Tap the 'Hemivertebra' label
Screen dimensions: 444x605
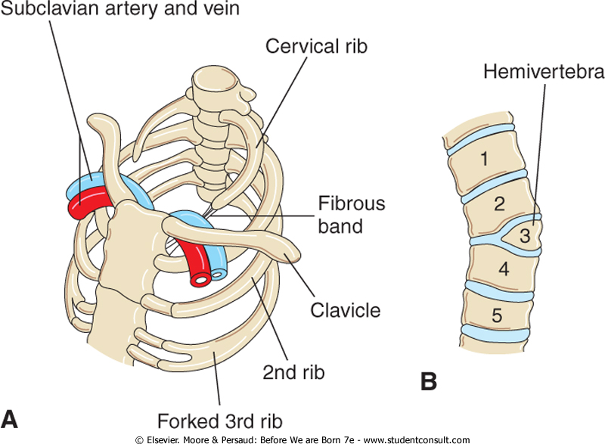tap(544, 73)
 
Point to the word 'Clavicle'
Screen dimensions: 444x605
tap(345, 310)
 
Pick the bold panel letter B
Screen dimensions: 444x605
tap(429, 381)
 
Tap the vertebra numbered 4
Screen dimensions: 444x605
tap(503, 269)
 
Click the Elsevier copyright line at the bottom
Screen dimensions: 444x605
tap(302, 439)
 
